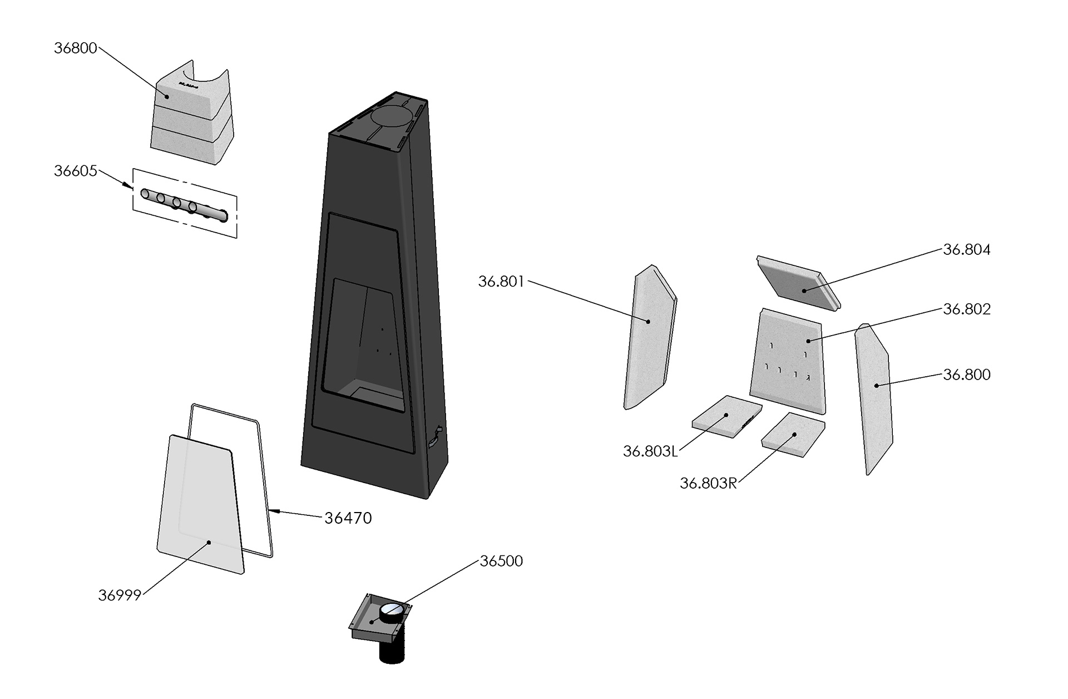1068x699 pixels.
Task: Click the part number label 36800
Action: coord(75,48)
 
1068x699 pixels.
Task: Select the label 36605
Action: coord(75,171)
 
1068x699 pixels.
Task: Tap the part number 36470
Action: coord(348,518)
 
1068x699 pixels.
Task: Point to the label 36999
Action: coord(120,595)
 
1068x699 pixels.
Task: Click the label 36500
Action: coord(501,561)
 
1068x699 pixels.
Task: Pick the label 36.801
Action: coord(501,282)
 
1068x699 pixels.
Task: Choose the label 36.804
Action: coord(967,250)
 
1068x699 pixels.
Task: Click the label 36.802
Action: coord(967,309)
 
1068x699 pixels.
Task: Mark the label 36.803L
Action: coord(650,451)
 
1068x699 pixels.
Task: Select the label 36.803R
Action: coord(708,484)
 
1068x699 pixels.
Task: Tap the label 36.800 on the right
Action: coord(967,375)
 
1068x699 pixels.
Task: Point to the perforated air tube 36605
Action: coord(184,204)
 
